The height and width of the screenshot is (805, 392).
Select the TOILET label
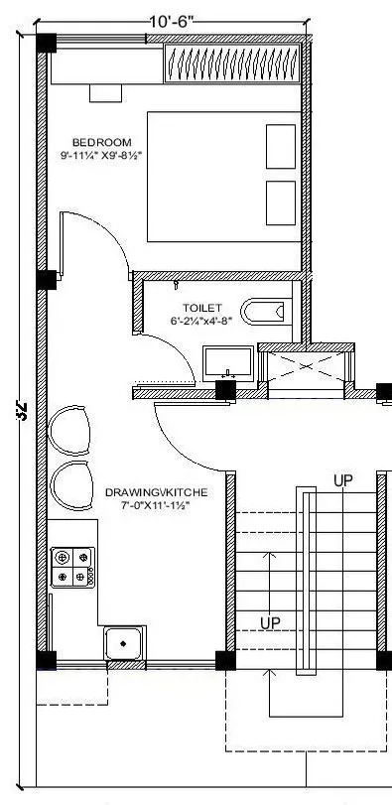pos(202,308)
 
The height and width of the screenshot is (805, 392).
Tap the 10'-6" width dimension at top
pos(173,21)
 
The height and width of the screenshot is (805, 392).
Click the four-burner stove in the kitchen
pos(72,567)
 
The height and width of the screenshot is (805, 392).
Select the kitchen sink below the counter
pos(124,643)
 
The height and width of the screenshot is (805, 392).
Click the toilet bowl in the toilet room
pos(265,312)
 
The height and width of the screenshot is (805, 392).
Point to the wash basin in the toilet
pos(228,361)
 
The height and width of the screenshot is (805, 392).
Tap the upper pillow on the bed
pos(281,147)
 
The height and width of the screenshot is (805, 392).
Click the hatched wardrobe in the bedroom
pos(230,64)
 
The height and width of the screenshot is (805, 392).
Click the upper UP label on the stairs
pos(342,480)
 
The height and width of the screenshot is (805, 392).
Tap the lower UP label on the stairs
pos(270,622)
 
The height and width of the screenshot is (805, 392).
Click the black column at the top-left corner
pos(46,43)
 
